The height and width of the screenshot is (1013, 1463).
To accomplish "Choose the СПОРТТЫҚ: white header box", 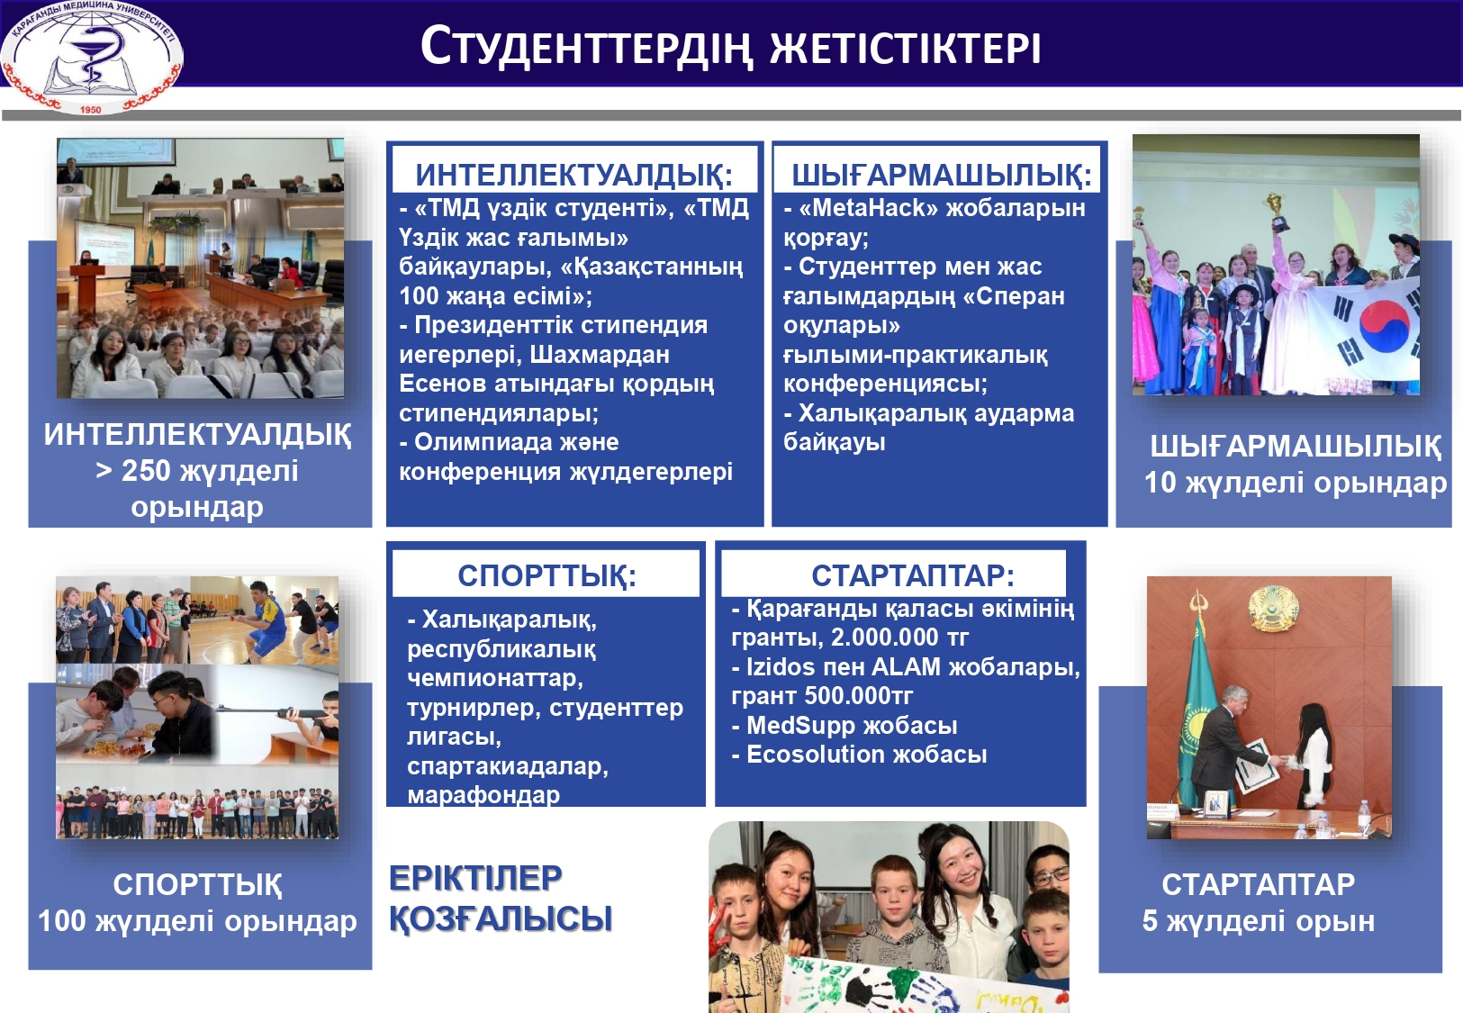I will tap(546, 575).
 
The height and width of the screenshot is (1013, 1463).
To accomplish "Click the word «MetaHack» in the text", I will tap(862, 208).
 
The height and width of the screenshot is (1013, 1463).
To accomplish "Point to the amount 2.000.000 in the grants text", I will tap(884, 638).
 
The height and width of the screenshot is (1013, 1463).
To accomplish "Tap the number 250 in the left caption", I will tap(145, 471).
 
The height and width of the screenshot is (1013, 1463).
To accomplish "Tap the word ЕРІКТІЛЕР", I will tap(475, 878).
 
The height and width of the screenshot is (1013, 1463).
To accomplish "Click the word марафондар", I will tap(483, 795).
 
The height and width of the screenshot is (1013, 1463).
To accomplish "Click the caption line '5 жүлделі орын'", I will tap(1258, 921).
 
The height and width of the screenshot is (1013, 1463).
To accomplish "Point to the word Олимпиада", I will tap(490, 442).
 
